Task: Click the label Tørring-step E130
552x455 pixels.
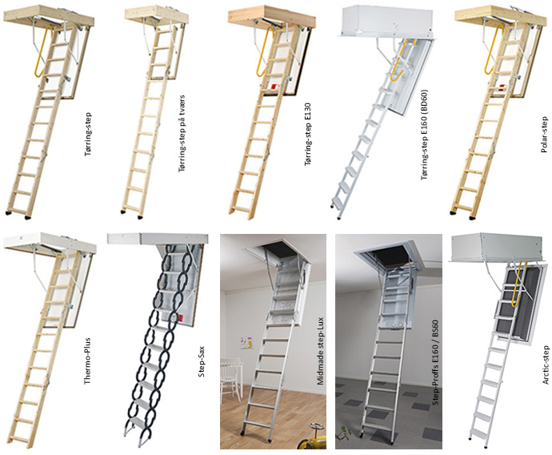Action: click(x=308, y=135)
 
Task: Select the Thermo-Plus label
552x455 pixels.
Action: click(x=87, y=361)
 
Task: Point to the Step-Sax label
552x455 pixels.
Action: click(x=202, y=361)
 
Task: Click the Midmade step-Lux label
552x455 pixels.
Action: click(x=320, y=351)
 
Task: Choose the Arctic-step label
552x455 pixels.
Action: click(x=546, y=364)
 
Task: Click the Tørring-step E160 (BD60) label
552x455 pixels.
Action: click(x=425, y=135)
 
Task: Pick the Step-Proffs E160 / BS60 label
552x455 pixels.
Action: click(x=435, y=362)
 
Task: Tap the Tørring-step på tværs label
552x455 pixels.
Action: click(x=182, y=134)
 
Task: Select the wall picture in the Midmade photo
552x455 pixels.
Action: click(x=246, y=343)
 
